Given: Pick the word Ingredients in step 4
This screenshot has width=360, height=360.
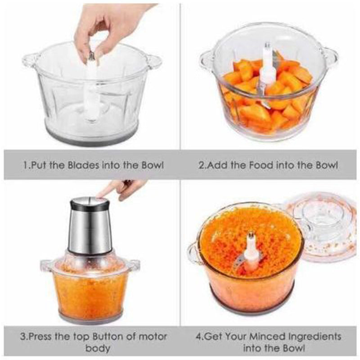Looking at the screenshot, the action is tap(313, 337).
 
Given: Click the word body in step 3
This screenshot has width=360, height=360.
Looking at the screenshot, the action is tap(98, 348).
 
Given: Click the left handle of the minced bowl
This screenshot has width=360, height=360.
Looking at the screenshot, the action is tap(193, 254).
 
